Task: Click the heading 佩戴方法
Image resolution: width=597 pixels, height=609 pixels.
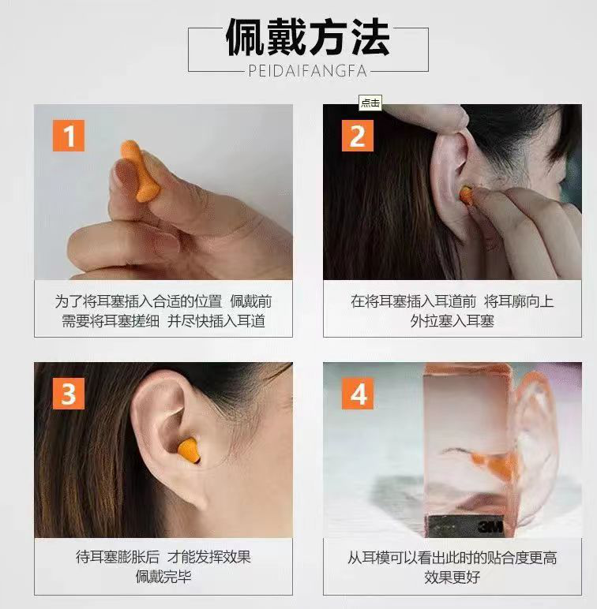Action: pos(307,37)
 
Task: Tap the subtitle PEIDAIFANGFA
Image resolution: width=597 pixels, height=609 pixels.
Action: pos(307,71)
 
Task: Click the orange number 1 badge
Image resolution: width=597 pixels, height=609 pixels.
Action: pos(69,136)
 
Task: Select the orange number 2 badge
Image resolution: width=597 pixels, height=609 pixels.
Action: pos(358,136)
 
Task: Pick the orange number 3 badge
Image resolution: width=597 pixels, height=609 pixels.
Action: pos(69,394)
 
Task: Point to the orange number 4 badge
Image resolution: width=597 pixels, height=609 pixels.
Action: pos(358,394)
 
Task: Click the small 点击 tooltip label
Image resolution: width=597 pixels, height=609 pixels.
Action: pos(370,103)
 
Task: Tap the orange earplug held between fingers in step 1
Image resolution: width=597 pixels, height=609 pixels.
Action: pos(141,171)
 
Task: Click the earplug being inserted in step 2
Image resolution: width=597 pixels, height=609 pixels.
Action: pos(465,194)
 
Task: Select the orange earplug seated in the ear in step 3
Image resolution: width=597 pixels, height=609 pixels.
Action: pos(190,450)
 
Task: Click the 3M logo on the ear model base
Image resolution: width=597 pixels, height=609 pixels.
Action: pos(490,526)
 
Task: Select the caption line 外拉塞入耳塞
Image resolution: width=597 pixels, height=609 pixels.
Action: pos(452,321)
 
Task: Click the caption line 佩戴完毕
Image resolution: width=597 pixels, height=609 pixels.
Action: pos(163,577)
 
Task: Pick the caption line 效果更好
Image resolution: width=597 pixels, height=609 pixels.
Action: pos(452,577)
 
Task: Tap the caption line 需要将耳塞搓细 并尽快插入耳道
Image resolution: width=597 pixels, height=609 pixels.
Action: pos(163,321)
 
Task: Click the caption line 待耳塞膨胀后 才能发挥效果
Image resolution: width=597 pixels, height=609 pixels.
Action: pos(163,557)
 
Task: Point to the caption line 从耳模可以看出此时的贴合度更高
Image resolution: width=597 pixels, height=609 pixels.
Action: pos(452,558)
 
